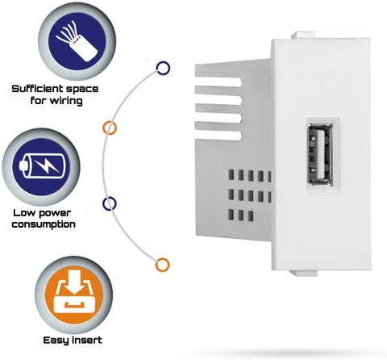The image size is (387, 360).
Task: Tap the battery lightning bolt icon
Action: click(x=41, y=167)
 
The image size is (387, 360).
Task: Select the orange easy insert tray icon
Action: click(x=73, y=295)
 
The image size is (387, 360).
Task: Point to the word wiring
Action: click(x=67, y=101)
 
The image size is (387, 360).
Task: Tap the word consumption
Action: click(x=44, y=224)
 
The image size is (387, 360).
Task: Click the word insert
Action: click(x=87, y=340)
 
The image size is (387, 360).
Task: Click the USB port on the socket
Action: click(x=321, y=154)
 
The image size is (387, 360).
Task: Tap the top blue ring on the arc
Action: click(x=163, y=68)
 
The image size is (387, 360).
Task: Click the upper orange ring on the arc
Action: click(x=110, y=128)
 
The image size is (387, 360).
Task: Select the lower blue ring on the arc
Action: click(x=110, y=203)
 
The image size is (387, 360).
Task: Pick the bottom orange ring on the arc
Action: click(x=162, y=265)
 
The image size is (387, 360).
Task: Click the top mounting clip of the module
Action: click(x=304, y=36)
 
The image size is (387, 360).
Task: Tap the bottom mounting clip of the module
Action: click(x=303, y=273)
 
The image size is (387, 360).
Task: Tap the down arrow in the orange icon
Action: click(x=74, y=282)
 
